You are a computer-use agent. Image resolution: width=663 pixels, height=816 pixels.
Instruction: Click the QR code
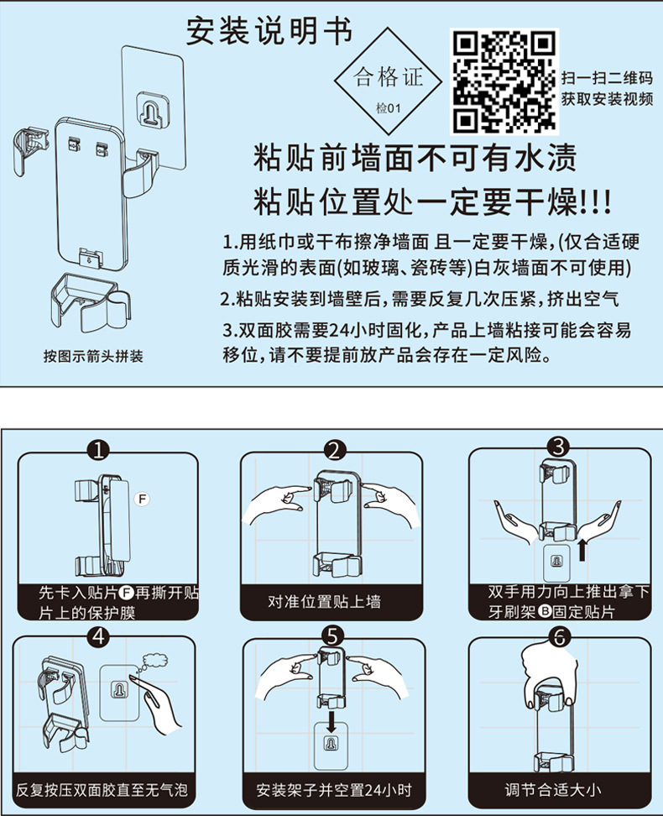(504, 81)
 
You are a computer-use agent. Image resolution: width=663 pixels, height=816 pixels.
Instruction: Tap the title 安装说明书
(269, 31)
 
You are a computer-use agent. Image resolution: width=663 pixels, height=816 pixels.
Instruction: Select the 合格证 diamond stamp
(388, 81)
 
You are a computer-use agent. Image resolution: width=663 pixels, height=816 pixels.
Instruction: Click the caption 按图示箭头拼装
(93, 357)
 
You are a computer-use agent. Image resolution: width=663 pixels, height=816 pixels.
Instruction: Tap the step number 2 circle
(334, 450)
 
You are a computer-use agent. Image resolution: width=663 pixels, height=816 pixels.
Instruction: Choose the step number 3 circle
(558, 447)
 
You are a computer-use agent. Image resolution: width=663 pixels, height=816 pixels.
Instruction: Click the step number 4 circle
(99, 636)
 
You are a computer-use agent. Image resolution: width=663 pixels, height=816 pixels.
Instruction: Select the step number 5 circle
(332, 636)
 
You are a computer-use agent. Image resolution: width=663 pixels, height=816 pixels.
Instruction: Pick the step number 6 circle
(560, 636)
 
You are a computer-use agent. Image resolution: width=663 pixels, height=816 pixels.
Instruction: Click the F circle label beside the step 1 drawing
(142, 499)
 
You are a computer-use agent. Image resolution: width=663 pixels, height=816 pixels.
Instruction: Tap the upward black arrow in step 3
(582, 550)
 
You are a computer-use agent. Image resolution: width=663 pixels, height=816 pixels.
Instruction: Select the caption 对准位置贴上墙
(325, 602)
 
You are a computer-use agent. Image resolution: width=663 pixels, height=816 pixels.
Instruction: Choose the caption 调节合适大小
(553, 790)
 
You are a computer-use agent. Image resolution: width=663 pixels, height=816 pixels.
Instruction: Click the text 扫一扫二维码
(607, 78)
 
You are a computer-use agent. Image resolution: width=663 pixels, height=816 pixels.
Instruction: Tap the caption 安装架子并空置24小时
(333, 790)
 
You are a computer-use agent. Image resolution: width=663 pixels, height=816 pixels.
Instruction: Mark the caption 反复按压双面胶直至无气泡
(102, 790)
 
